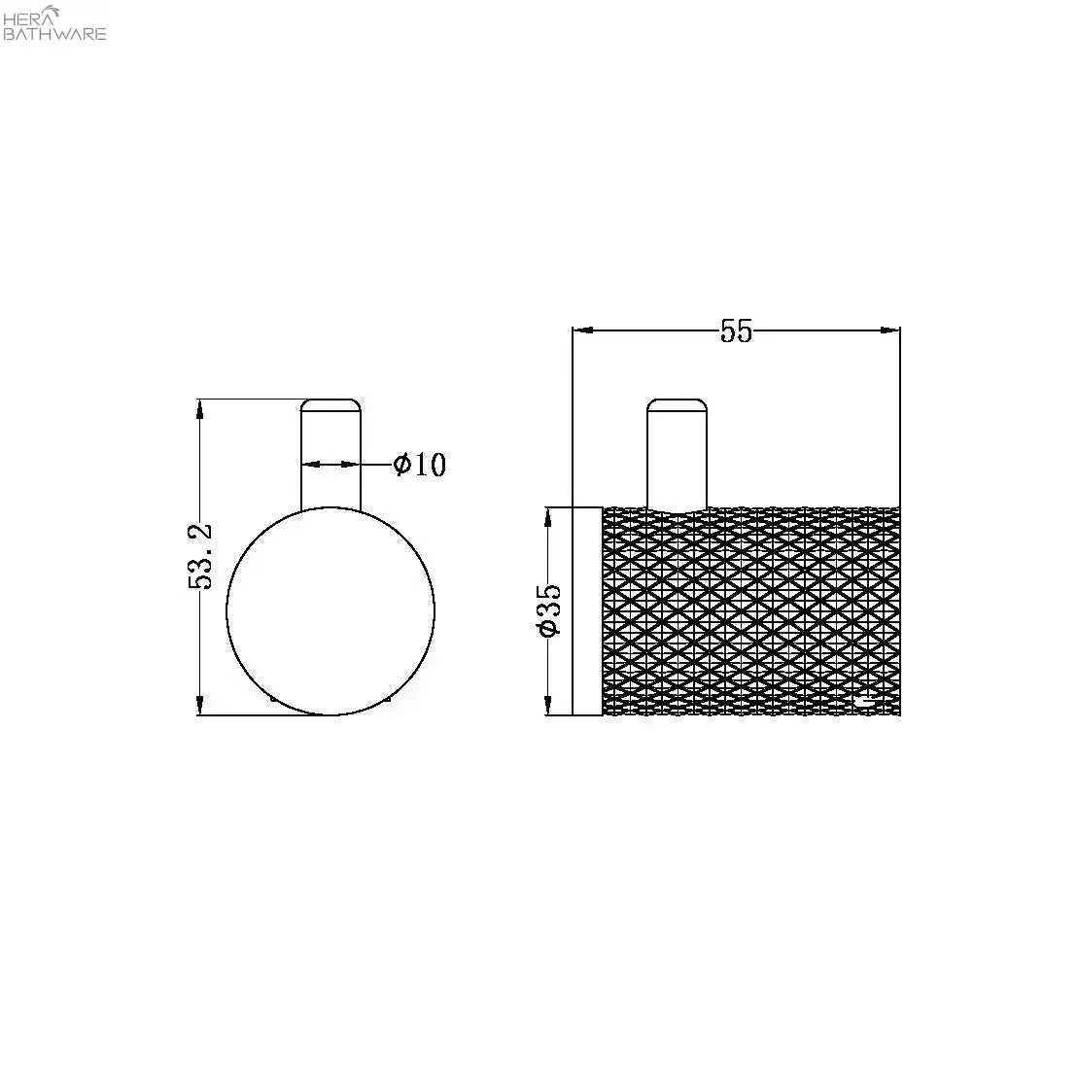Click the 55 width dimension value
point(736,331)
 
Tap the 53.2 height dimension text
point(201,556)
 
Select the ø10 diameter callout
point(420,465)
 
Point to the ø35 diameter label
point(550,610)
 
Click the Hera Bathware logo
point(54,22)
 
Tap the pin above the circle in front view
point(330,455)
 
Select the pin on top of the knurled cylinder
point(678,455)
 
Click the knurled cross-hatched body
point(750,611)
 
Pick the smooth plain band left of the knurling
point(587,611)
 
